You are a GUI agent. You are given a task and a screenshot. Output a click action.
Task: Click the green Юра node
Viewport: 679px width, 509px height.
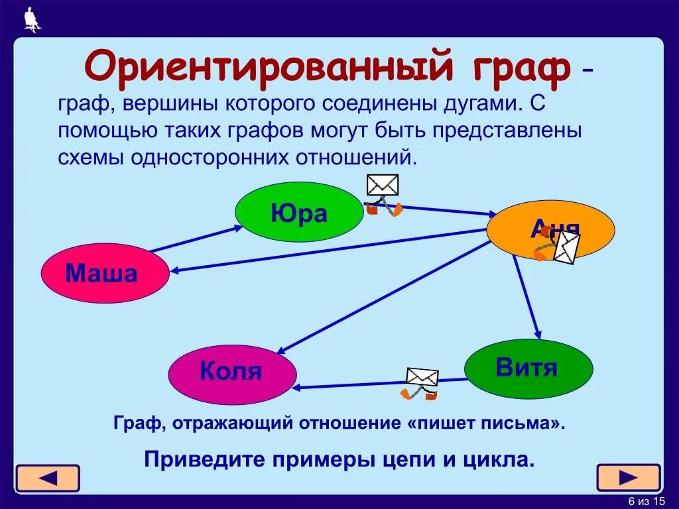(299, 212)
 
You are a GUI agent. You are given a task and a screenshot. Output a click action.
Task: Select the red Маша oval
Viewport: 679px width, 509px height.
(105, 273)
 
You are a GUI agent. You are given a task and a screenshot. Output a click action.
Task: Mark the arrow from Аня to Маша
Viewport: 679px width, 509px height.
(332, 250)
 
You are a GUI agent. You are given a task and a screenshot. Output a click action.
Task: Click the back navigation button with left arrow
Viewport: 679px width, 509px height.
(48, 478)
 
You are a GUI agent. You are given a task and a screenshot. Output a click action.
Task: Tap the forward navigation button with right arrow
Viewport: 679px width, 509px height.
(628, 477)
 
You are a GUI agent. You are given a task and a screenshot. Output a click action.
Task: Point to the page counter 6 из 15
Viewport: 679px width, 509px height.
(646, 500)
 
